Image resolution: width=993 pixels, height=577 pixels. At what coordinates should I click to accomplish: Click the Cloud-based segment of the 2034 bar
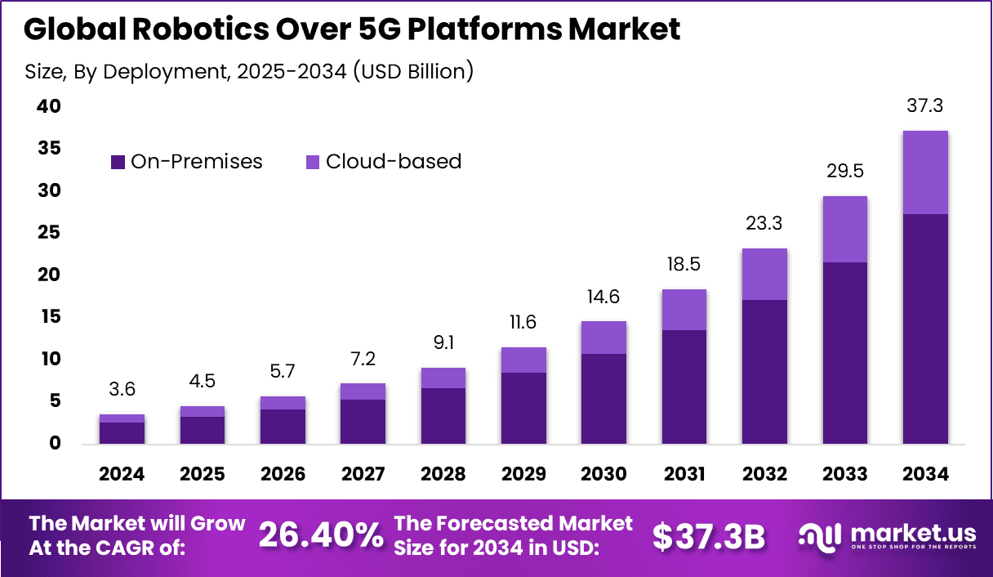coord(925,172)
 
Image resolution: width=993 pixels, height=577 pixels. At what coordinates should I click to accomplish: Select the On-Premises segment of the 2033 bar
coord(845,353)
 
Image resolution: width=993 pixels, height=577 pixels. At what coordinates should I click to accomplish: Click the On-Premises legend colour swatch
coord(118,162)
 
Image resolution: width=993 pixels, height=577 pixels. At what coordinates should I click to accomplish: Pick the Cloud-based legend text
coord(394,162)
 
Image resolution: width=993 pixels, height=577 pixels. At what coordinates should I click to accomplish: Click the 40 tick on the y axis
coord(48,106)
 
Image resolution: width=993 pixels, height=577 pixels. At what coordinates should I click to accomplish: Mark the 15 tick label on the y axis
coord(48,316)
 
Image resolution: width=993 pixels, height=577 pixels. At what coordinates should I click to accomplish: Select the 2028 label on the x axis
coord(443,475)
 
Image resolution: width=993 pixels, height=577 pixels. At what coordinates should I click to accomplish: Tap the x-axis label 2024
coord(122,475)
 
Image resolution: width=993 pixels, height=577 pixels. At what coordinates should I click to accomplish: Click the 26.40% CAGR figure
coord(321,536)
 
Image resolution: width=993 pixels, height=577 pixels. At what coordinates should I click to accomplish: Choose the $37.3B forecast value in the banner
coord(709,536)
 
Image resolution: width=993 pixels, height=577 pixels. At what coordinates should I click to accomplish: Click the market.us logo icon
coord(819,536)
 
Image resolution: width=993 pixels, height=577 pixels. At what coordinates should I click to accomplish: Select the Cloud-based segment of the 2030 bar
coord(603,338)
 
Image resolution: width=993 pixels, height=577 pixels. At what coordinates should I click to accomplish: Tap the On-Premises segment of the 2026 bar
coord(283,427)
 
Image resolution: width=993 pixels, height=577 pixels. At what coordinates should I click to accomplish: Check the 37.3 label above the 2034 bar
coord(925,106)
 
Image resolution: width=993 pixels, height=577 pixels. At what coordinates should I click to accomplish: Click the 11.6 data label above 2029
coord(523,322)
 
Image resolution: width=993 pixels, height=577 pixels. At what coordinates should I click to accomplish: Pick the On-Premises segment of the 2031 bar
coord(684,387)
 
